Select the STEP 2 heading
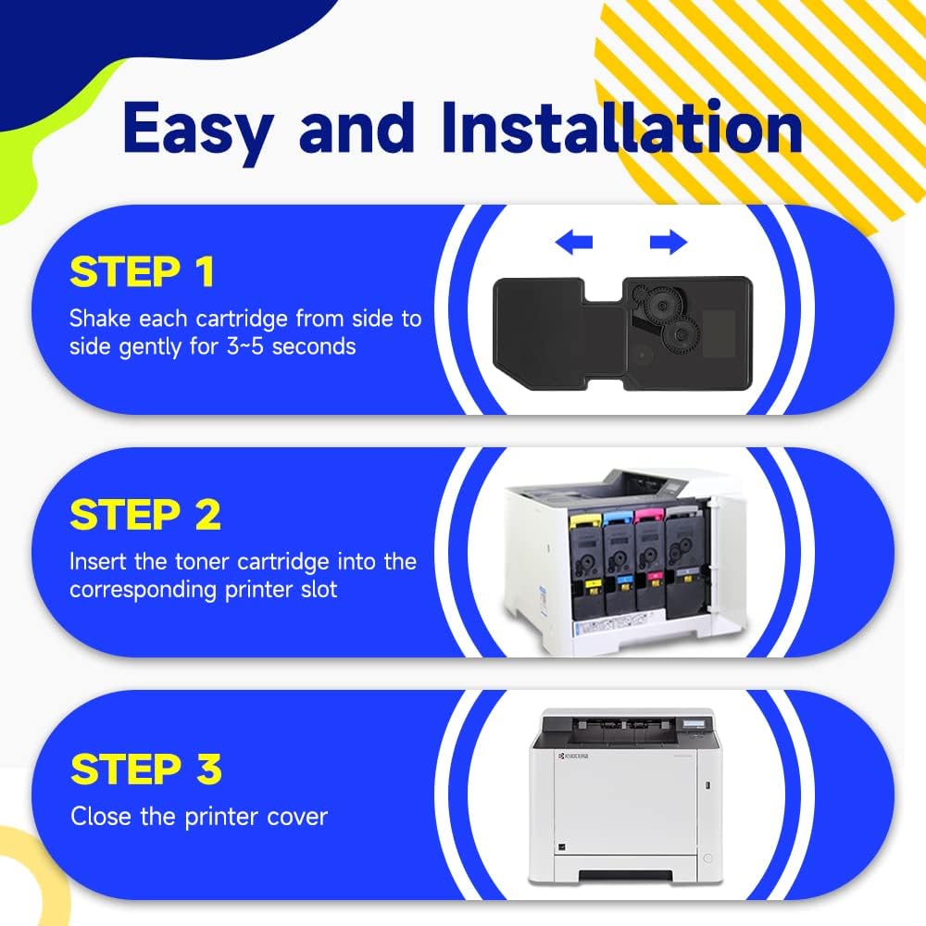pos(145,515)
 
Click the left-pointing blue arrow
pos(574,242)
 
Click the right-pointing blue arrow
pos(669,242)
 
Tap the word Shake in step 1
pos(100,319)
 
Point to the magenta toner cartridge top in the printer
pos(648,518)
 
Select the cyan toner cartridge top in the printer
pos(617,519)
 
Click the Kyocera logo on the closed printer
pos(574,756)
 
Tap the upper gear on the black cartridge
pos(661,305)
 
